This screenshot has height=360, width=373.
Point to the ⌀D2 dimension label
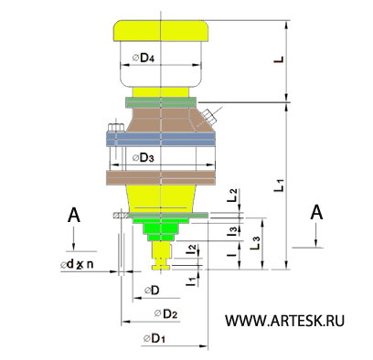click(x=165, y=313)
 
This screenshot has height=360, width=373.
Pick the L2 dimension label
click(x=233, y=194)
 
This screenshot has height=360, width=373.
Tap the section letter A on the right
click(x=316, y=212)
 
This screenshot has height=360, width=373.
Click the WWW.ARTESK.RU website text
click(x=283, y=321)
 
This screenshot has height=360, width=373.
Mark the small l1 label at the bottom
click(x=189, y=281)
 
